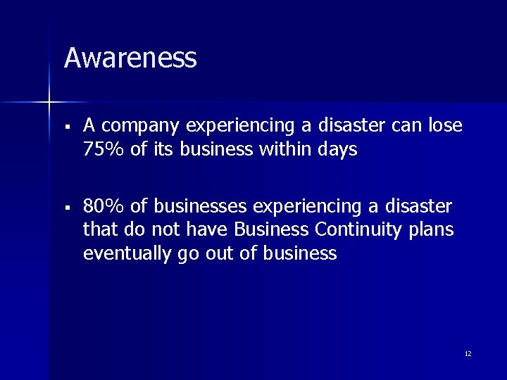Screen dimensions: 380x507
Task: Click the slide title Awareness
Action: (130, 58)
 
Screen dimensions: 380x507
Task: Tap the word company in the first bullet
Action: (139, 126)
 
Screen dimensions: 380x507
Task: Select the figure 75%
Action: (101, 149)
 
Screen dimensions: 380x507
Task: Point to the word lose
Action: (445, 125)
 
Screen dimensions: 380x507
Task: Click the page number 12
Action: (468, 353)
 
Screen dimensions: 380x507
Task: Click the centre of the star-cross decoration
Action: (49, 103)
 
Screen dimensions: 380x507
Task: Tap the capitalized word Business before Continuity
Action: (272, 229)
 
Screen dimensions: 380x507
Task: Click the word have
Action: (209, 229)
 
